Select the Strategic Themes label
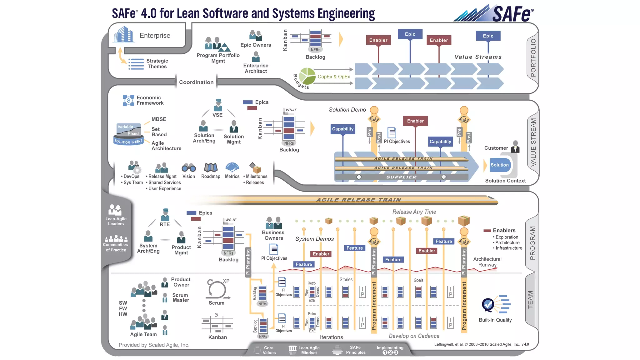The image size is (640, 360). pos(157,64)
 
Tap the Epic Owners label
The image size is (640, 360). pos(255,45)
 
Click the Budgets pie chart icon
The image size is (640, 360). pos(307,76)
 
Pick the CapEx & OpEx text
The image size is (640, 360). pos(334,77)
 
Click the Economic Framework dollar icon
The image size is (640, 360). pos(128,101)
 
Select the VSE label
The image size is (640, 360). pos(217,115)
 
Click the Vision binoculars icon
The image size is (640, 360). pos(189,168)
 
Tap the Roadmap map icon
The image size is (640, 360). pos(211,168)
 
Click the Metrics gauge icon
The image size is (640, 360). pos(232,167)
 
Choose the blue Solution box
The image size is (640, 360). pos(499,165)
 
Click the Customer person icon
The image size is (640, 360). pos(515,147)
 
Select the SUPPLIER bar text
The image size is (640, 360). pos(402,177)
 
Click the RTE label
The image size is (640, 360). pos(165,224)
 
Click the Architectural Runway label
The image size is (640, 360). pos(487,262)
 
